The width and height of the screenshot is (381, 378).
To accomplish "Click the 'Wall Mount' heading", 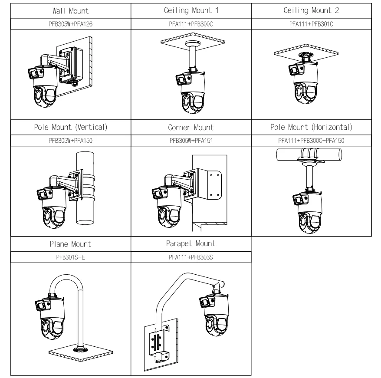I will pos(70,10).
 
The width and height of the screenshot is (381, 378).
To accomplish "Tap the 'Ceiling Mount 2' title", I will pos(311,10).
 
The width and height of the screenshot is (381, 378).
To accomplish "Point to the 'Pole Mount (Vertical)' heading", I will pos(70,128).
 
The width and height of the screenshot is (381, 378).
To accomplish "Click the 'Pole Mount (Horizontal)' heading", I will pos(311,128).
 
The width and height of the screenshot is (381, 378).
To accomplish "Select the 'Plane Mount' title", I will pos(70,244).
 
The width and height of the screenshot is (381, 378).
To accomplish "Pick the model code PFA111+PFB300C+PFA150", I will pos(311,141).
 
